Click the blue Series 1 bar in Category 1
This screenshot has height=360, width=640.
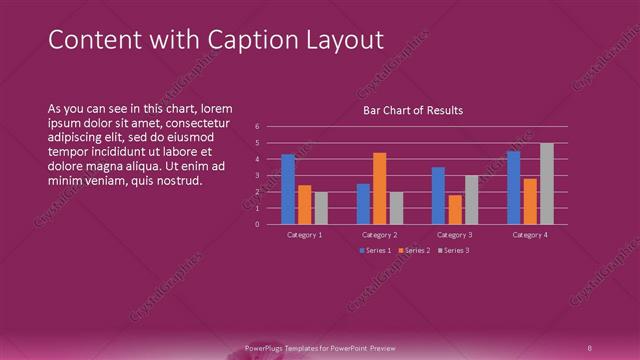click(288, 189)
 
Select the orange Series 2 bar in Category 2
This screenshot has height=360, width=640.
click(379, 188)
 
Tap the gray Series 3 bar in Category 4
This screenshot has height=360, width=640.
click(546, 184)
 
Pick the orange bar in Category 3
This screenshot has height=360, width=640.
click(455, 209)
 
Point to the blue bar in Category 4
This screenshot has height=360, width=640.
click(513, 187)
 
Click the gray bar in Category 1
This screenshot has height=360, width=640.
click(321, 208)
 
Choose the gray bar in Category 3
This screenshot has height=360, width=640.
click(471, 200)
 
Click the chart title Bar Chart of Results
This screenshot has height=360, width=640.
click(412, 110)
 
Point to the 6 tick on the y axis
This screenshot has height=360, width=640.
click(258, 127)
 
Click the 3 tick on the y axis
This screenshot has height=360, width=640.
click(258, 175)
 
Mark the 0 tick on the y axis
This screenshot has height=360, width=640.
click(258, 224)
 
